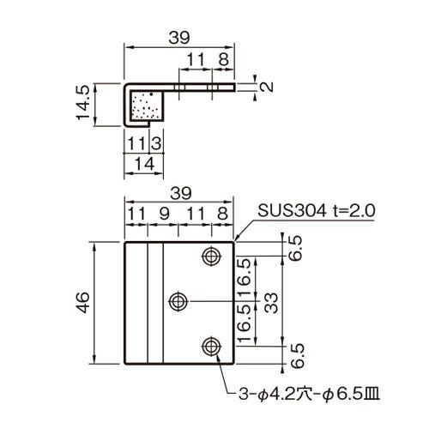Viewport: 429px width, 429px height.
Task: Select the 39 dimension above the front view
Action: [178, 194]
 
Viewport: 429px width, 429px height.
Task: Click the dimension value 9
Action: [163, 212]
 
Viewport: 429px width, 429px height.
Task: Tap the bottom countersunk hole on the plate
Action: [210, 346]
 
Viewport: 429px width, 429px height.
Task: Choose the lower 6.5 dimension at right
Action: [297, 353]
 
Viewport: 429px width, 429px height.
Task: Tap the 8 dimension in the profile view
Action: [222, 59]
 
